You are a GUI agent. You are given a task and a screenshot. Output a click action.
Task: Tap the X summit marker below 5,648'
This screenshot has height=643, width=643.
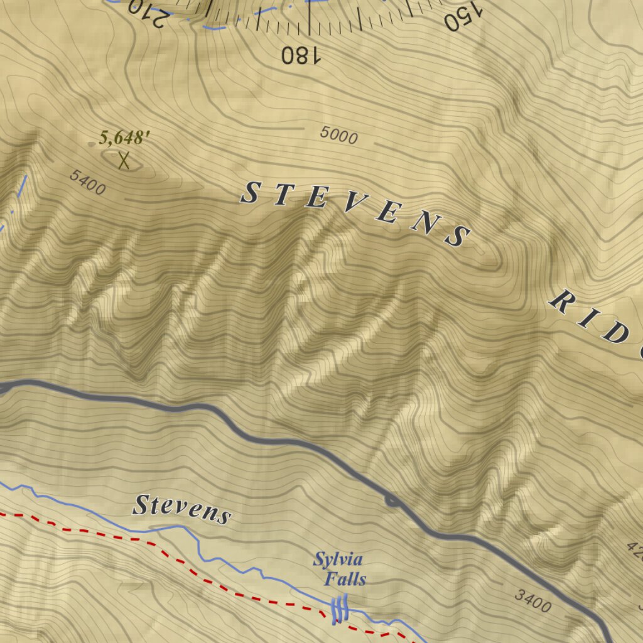(124, 160)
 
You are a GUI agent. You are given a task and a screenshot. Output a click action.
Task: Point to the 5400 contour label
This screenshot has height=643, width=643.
(87, 182)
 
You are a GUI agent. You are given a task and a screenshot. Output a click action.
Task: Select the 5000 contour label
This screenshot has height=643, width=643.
(338, 135)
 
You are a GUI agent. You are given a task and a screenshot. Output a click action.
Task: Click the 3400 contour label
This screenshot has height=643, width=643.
(532, 601)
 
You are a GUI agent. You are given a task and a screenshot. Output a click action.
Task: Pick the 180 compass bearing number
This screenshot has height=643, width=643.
(301, 55)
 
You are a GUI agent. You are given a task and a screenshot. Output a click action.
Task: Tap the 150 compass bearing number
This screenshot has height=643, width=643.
(462, 16)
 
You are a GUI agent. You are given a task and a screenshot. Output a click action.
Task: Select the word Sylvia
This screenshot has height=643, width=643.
(338, 559)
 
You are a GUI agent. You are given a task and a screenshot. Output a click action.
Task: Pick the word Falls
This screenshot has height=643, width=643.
(345, 578)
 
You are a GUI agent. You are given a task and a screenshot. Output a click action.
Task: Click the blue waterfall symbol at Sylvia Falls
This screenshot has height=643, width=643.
(339, 608)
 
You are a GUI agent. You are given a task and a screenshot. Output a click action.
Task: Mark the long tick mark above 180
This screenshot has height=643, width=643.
(309, 19)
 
